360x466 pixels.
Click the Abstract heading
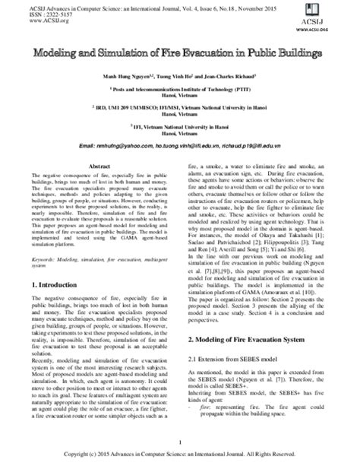(x=100, y=165)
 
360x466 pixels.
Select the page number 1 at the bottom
(x=180, y=442)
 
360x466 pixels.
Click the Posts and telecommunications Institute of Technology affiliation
(x=180, y=89)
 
